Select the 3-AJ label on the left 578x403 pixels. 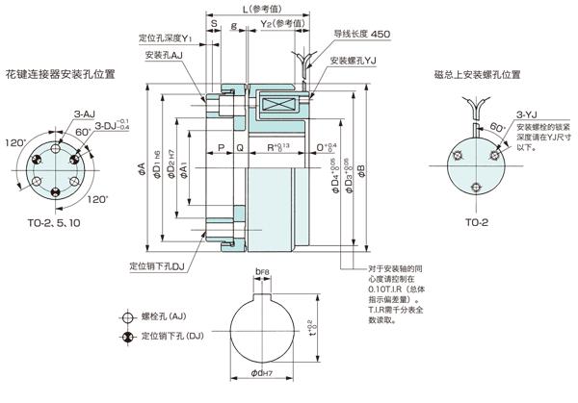click(85, 114)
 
